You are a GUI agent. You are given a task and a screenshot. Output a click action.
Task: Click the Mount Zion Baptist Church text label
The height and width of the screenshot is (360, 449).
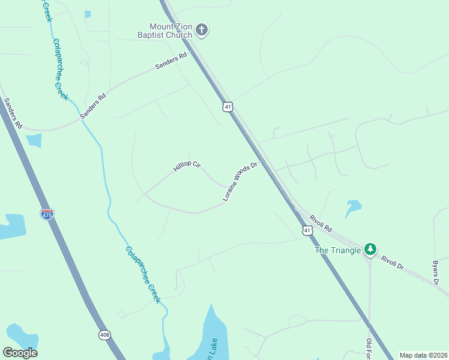(171, 31)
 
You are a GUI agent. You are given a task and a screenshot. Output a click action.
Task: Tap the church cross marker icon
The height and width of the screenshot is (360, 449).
(202, 30)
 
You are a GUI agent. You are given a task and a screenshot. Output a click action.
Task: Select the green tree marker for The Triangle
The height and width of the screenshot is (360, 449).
(370, 249)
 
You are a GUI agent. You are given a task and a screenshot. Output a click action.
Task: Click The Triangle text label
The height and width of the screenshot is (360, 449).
(338, 250)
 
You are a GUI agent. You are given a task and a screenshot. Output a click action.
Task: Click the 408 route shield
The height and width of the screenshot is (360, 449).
(105, 335)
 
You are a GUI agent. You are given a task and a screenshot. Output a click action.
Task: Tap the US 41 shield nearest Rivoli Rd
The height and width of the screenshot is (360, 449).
(307, 230)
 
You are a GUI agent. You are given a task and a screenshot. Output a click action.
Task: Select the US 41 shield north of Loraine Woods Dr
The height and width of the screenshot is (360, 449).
(226, 107)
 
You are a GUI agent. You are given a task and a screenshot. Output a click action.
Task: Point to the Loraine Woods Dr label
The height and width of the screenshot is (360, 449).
(240, 181)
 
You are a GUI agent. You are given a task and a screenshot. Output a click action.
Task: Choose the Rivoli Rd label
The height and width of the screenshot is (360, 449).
(321, 224)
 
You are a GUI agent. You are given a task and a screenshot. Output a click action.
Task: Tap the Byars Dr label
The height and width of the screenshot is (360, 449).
(436, 272)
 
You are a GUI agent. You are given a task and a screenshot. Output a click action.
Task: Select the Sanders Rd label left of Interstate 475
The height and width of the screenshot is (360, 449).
(13, 113)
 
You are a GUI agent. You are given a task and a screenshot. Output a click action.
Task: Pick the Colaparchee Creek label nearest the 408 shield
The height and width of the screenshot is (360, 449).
(143, 274)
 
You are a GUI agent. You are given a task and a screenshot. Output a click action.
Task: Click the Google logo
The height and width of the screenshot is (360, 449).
(20, 353)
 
